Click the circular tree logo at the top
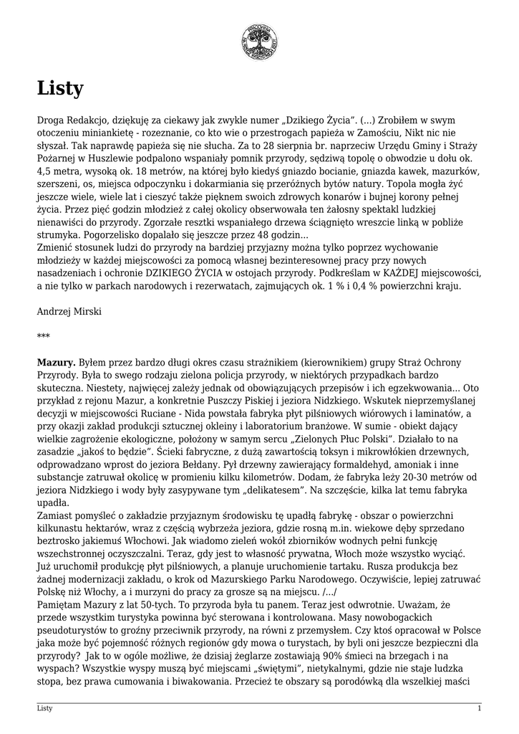259,41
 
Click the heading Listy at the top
60,89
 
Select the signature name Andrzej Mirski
69,311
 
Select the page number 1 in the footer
479,708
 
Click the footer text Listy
44,708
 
